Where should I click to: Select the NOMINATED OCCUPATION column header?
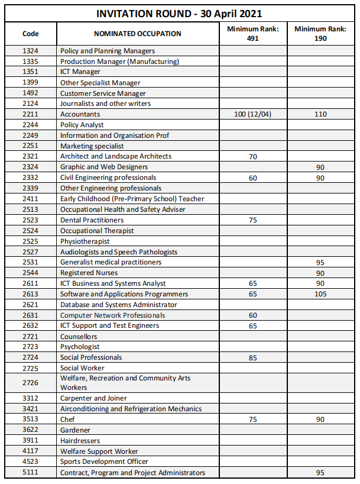(138, 34)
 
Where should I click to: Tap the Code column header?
(31, 34)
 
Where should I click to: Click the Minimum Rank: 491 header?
(253, 33)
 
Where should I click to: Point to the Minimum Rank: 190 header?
(320, 33)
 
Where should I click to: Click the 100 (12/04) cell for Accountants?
(253, 114)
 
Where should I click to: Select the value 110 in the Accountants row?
(320, 114)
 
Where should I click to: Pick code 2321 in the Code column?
(31, 156)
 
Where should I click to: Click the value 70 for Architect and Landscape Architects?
(253, 157)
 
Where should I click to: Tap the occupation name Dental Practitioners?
(92, 220)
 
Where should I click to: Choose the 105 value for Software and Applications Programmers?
(320, 294)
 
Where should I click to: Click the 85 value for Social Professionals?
(253, 357)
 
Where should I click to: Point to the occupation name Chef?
(67, 420)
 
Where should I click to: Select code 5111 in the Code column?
(31, 472)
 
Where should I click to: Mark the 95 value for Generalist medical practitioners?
(320, 262)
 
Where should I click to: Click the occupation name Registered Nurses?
(89, 273)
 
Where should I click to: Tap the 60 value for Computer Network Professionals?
(253, 315)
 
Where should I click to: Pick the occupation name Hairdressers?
(80, 441)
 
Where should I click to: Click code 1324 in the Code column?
(31, 51)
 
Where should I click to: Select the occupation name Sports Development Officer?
(104, 462)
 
